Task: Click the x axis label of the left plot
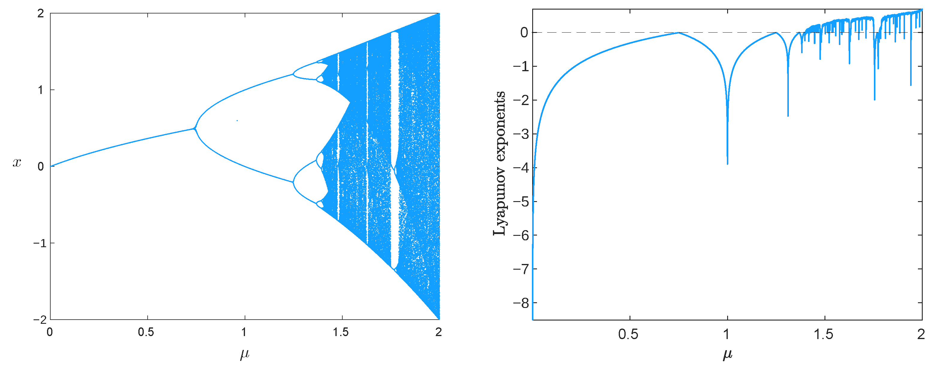[17, 163]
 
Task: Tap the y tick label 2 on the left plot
[40, 13]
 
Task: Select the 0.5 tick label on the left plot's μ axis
[146, 332]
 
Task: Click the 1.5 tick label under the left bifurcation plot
[341, 332]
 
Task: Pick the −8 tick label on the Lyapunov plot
[521, 303]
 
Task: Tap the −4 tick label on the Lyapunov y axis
[521, 168]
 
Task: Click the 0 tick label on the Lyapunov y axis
[524, 33]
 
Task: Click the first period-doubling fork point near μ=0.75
[195, 128]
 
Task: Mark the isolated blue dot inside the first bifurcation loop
[237, 121]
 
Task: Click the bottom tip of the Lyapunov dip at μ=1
[727, 164]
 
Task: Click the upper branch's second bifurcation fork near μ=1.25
[293, 75]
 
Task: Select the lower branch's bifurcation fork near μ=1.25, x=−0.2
[293, 182]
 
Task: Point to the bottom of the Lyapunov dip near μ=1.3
[788, 116]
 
